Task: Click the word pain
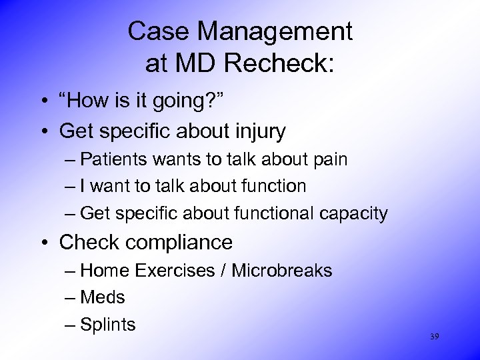pos(329,159)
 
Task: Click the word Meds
pos(102,297)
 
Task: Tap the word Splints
pos(107,325)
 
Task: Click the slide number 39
pos(434,337)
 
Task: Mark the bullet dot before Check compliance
pos(42,243)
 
